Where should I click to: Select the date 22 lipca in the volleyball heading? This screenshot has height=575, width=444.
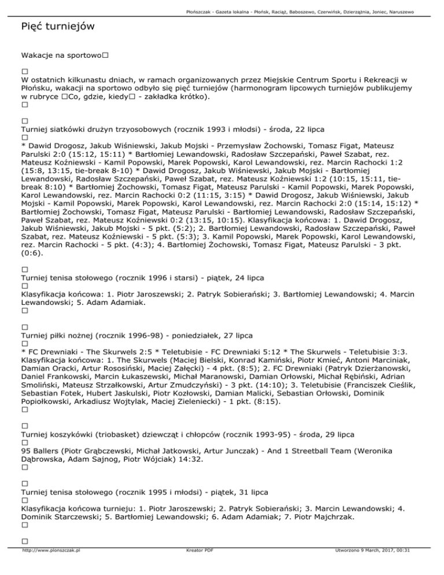click(x=307, y=129)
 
